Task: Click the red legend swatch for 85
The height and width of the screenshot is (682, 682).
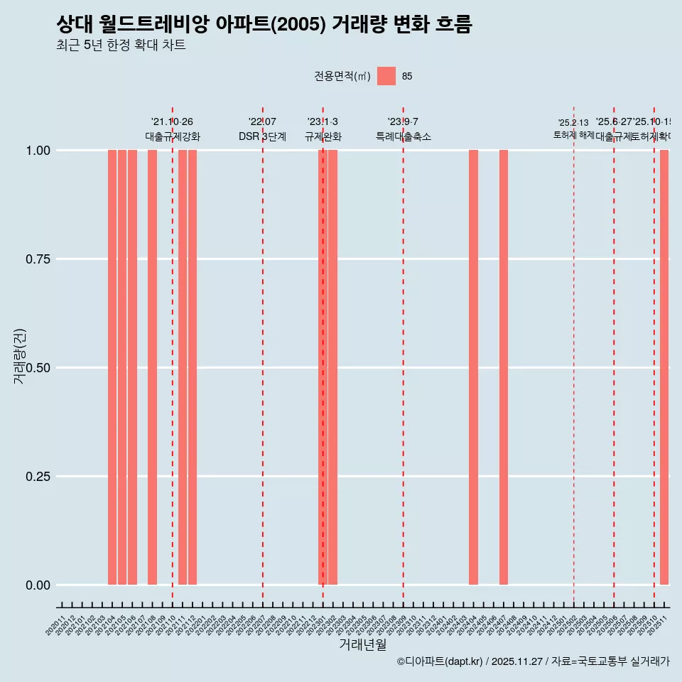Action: tap(386, 76)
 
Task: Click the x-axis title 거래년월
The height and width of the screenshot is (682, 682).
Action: tap(363, 645)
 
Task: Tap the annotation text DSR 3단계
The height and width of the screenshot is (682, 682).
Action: tap(262, 136)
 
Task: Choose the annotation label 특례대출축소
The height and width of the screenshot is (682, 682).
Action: tap(404, 136)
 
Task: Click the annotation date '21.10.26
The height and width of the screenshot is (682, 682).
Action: tap(172, 122)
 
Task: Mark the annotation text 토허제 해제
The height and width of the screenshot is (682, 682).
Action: tap(573, 135)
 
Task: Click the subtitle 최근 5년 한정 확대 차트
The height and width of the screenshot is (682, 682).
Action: tap(121, 45)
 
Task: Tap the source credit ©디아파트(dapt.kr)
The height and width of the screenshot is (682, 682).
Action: tap(440, 661)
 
